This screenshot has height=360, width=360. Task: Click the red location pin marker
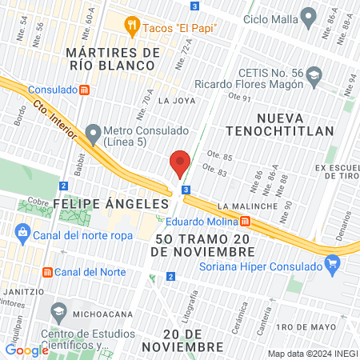(180, 163)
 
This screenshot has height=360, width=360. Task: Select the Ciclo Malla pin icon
(307, 17)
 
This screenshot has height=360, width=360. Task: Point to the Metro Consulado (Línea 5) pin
(94, 131)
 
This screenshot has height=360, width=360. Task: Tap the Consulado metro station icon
(84, 90)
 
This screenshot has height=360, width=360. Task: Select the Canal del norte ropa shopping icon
(22, 234)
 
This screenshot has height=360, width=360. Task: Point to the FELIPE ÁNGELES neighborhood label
(110, 204)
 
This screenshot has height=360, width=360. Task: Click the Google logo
(26, 350)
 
